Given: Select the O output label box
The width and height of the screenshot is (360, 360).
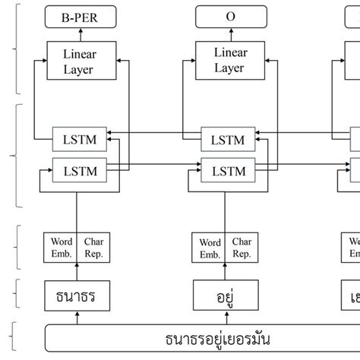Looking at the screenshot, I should [x=228, y=14].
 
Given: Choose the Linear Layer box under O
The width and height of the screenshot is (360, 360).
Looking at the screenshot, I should [x=228, y=60].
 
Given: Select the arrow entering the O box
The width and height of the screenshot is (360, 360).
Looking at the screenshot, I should [x=228, y=33].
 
